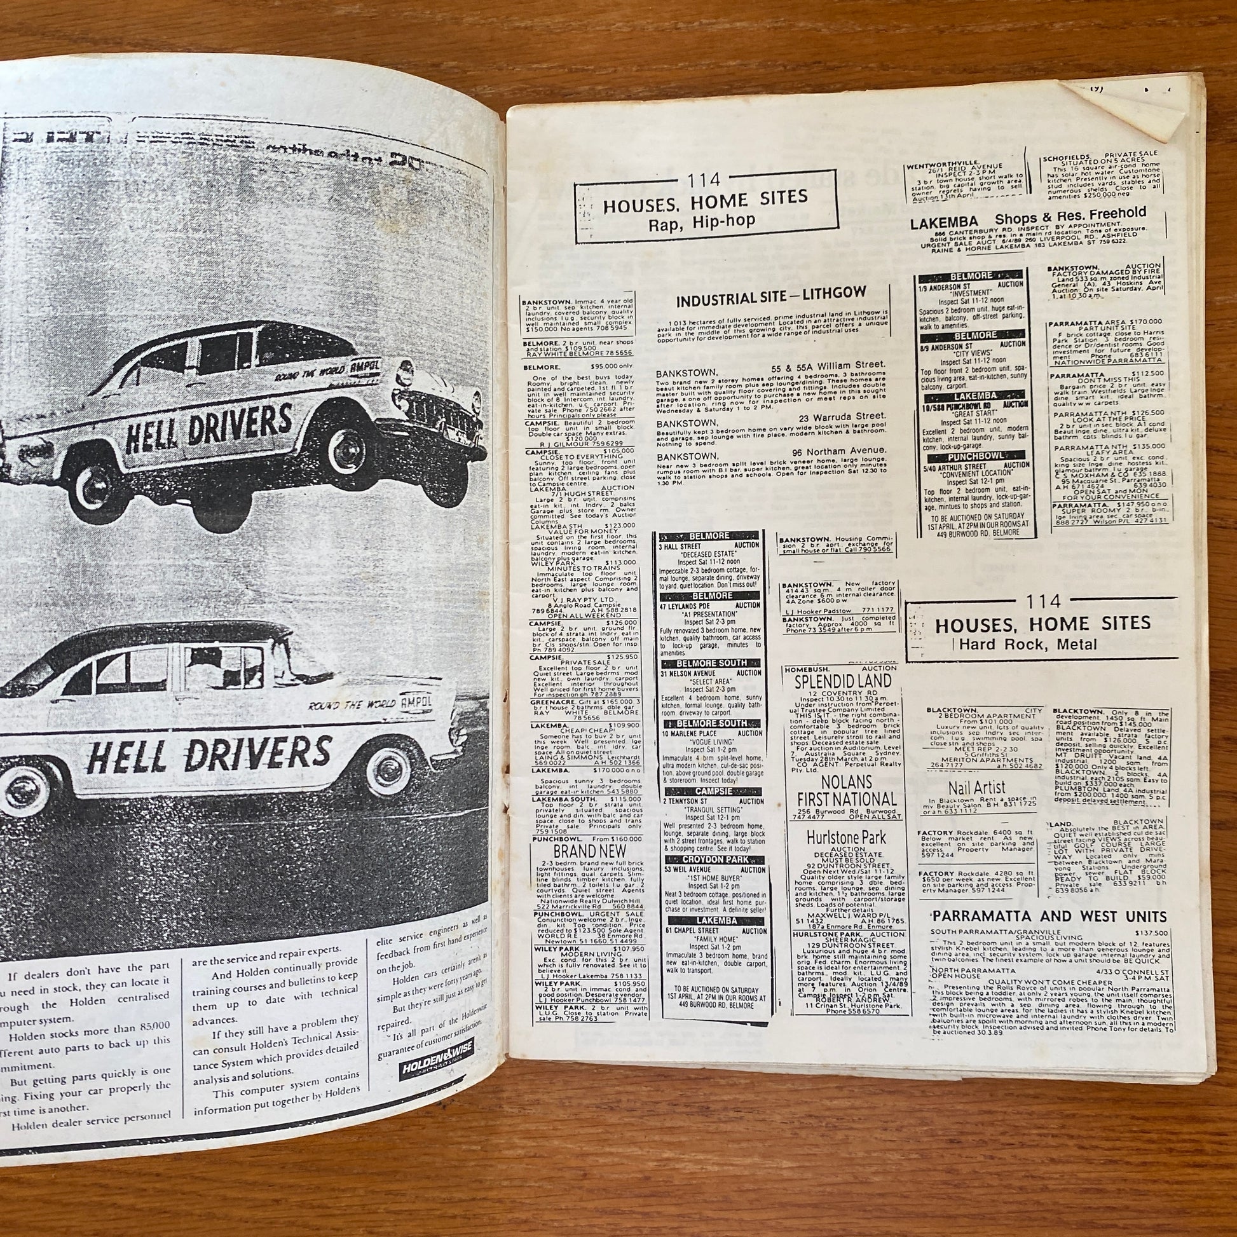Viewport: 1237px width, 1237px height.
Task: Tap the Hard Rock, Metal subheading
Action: point(1029,644)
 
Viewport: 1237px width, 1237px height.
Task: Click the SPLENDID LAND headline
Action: point(843,681)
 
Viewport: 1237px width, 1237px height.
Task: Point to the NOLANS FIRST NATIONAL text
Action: point(847,790)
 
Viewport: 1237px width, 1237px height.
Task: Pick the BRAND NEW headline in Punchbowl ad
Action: point(589,851)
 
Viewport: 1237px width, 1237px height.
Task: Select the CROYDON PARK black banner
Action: point(712,859)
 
